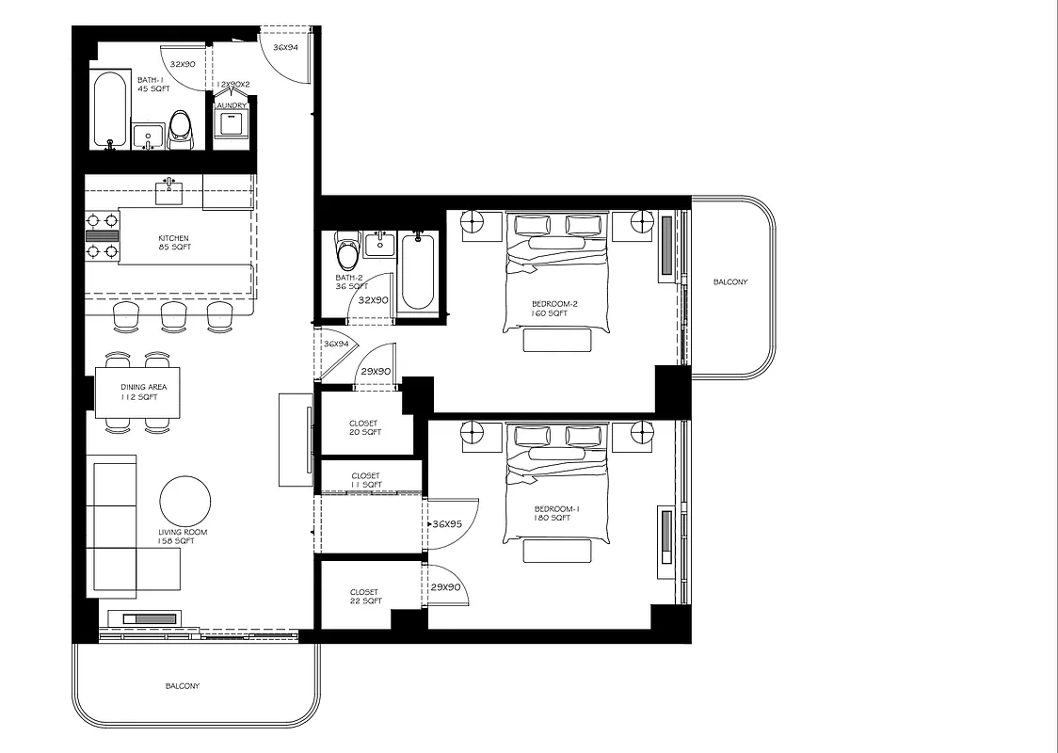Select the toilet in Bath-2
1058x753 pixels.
(347, 251)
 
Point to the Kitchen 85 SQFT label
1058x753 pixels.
(174, 243)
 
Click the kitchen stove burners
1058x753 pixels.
(104, 235)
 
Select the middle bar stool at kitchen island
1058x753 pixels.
(173, 316)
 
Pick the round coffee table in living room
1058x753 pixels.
(184, 501)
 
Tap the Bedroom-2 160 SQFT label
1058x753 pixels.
(550, 309)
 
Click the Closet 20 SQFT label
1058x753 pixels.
(365, 428)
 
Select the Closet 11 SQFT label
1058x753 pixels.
(366, 480)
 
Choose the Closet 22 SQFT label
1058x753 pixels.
(365, 597)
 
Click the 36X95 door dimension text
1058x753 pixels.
(447, 524)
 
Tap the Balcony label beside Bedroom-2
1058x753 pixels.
(730, 282)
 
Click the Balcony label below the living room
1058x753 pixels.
(182, 686)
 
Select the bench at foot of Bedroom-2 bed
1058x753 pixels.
(556, 340)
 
